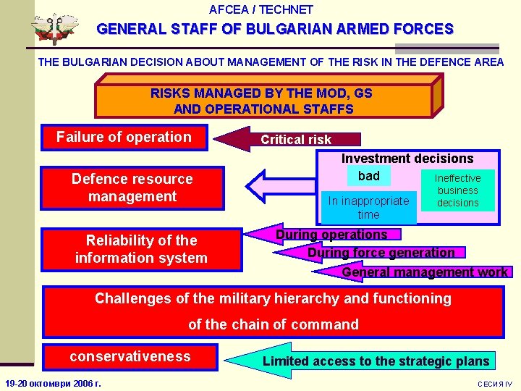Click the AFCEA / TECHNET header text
click(260, 9)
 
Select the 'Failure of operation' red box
click(124, 138)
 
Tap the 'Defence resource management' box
click(132, 188)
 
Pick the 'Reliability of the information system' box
click(141, 249)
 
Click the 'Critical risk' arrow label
click(295, 140)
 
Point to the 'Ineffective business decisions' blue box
click(457, 190)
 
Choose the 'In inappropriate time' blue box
click(368, 208)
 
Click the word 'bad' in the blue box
click(368, 176)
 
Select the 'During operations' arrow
click(331, 235)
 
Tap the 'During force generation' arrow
click(381, 253)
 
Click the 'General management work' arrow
click(424, 272)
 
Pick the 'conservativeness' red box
click(130, 356)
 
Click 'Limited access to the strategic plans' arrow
click(375, 361)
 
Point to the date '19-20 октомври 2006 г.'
click(53, 383)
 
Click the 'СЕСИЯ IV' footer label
click(495, 384)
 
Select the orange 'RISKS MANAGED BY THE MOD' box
click(262, 101)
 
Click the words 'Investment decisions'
click(407, 159)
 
